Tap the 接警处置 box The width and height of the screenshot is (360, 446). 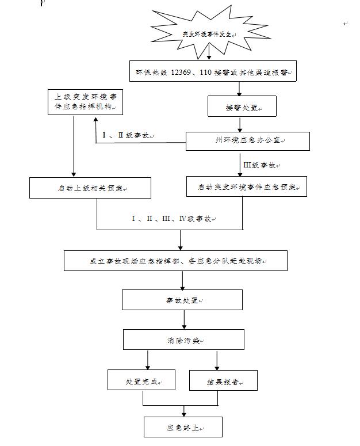point(242,107)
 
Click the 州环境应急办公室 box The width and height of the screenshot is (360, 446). point(247,141)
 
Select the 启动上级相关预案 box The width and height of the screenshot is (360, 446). point(90,188)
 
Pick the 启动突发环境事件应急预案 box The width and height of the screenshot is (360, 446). point(247,187)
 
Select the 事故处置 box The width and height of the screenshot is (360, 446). point(182,300)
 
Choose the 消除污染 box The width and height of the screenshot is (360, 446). point(182,340)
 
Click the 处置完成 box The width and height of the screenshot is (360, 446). point(141,380)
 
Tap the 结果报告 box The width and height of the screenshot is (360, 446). point(223,380)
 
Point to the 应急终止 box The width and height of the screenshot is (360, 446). point(183,427)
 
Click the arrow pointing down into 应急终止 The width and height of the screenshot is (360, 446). point(184,411)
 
